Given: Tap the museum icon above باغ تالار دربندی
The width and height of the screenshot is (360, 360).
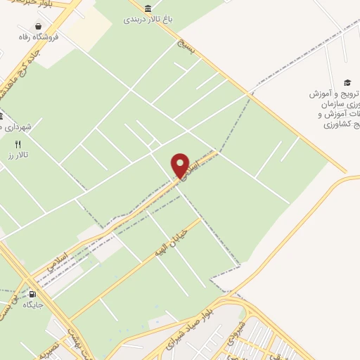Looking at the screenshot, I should click(x=148, y=8).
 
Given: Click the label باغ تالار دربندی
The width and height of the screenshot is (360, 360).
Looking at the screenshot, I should click(x=145, y=19).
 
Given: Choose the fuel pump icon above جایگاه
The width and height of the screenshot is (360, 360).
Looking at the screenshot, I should click(x=32, y=294).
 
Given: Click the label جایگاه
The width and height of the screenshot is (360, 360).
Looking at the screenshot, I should click(x=33, y=305).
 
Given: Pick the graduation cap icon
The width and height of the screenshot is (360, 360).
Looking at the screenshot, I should click(x=347, y=82).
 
